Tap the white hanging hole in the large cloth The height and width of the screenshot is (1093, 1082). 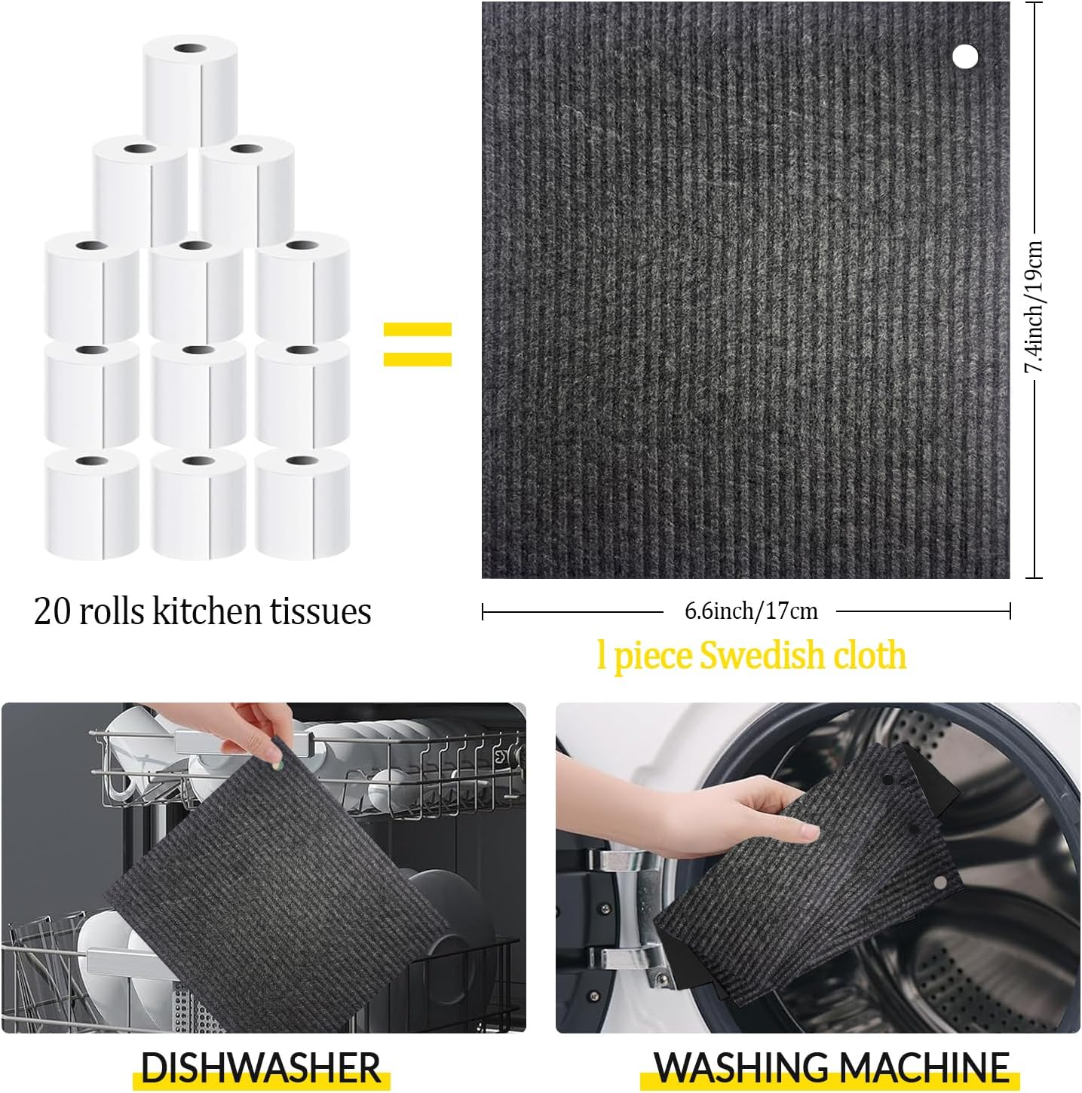(965, 56)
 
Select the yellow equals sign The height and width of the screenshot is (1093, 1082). (417, 344)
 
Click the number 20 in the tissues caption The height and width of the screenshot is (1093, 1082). (52, 611)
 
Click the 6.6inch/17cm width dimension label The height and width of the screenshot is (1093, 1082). (750, 611)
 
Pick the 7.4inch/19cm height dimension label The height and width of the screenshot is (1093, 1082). (1034, 306)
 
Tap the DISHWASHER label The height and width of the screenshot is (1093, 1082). (261, 1067)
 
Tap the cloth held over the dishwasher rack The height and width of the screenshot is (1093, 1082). (271, 897)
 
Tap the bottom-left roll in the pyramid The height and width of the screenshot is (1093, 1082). (92, 504)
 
